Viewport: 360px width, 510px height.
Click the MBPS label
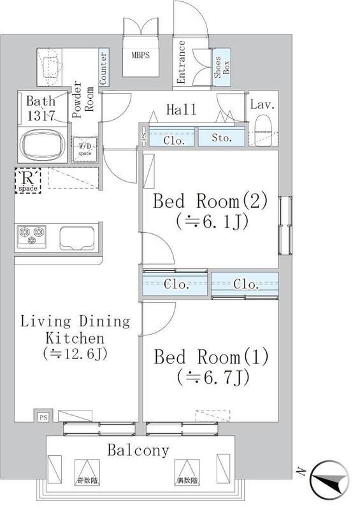[x=141, y=55]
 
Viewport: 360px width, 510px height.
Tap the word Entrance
[x=182, y=62]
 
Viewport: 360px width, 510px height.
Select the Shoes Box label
[x=222, y=68]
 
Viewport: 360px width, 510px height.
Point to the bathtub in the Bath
[x=43, y=145]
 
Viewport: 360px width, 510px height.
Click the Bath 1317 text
[x=41, y=108]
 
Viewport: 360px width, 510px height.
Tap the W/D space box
[x=85, y=149]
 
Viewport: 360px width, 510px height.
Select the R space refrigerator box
[x=28, y=180]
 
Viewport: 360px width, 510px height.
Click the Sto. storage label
[x=222, y=138]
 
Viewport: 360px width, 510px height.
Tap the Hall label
[x=181, y=110]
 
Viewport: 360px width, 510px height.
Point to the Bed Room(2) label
[x=210, y=201]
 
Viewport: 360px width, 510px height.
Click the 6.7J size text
[x=213, y=377]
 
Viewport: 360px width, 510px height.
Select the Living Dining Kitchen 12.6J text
[x=75, y=338]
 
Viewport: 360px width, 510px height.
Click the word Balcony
[x=138, y=451]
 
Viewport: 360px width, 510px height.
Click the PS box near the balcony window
[x=43, y=418]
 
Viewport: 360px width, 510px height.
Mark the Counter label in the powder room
[x=103, y=69]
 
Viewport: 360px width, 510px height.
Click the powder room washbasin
[x=50, y=68]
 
